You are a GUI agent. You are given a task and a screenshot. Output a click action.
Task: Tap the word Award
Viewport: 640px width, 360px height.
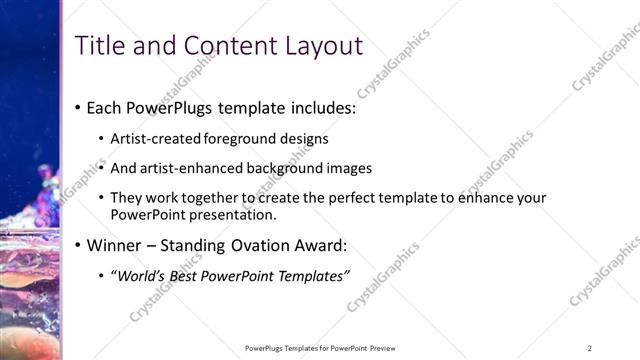(315, 245)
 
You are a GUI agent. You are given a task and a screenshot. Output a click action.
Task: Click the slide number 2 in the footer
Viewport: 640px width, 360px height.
(589, 348)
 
